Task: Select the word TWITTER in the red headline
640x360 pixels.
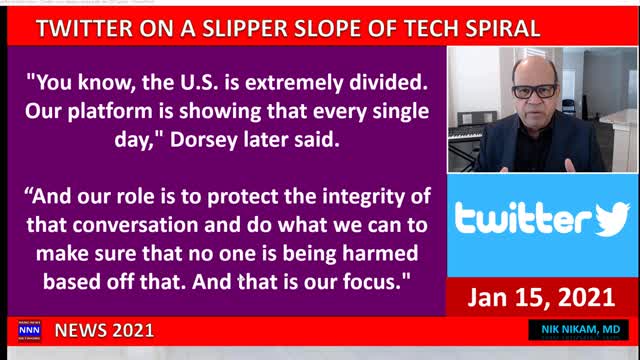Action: (86, 28)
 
